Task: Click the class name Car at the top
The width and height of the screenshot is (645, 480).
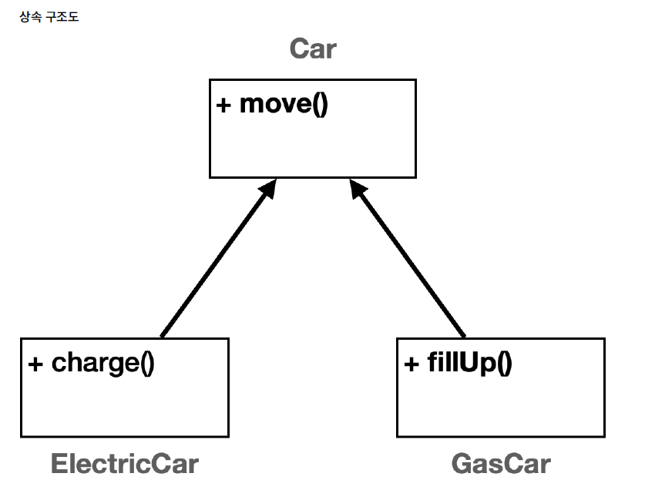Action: coord(313,49)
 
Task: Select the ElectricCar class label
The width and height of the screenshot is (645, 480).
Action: coord(124,464)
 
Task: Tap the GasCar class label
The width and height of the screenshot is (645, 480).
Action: coord(501,464)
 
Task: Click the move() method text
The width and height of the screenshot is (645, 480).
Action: coord(284,104)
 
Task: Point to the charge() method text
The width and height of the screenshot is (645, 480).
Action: coord(102,362)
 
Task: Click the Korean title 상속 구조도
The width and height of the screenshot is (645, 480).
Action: coord(48,17)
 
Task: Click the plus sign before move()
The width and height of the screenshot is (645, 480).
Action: coord(224,105)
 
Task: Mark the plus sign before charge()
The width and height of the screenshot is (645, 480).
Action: coord(35,363)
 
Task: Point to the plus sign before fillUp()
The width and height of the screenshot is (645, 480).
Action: coord(412,363)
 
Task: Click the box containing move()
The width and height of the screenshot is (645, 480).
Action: coord(312,143)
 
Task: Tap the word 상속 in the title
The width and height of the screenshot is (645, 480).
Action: coord(31,17)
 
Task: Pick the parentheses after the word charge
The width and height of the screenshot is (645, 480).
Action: coord(147,363)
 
